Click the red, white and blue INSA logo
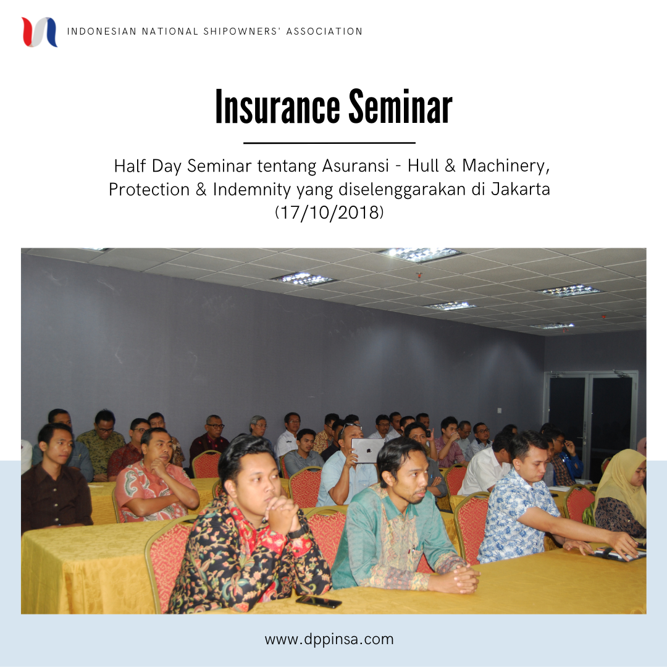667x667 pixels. click(40, 32)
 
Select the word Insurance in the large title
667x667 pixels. click(277, 107)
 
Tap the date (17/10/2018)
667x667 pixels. click(329, 212)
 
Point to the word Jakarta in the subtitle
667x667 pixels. click(520, 189)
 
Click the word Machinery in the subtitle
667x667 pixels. click(503, 166)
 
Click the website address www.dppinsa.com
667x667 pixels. click(329, 639)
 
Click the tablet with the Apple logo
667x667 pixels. click(367, 450)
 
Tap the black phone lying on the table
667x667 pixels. click(319, 602)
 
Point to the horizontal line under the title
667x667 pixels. click(329, 143)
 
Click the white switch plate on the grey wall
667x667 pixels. click(499, 411)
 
